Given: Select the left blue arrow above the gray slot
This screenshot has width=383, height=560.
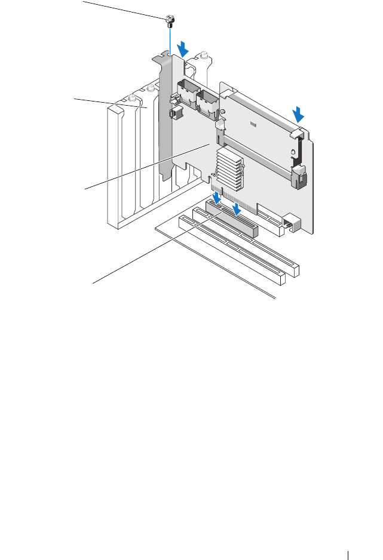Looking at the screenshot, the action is [x=216, y=197].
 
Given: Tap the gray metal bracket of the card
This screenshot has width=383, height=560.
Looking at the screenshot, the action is [x=166, y=119].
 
